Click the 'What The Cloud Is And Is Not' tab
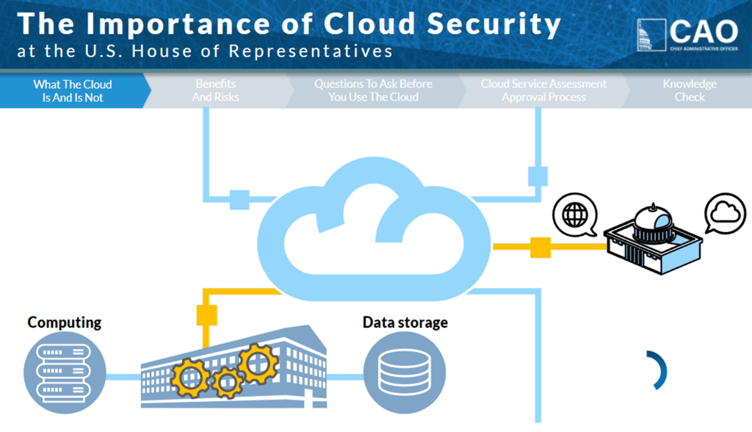(72, 90)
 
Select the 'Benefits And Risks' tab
(216, 90)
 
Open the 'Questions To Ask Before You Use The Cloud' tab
(373, 90)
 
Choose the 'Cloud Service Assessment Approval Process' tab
(543, 90)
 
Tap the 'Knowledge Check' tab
(689, 90)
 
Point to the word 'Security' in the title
(493, 24)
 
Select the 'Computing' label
(65, 323)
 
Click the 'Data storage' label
(405, 323)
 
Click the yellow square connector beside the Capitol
(541, 248)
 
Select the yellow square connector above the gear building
(206, 314)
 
